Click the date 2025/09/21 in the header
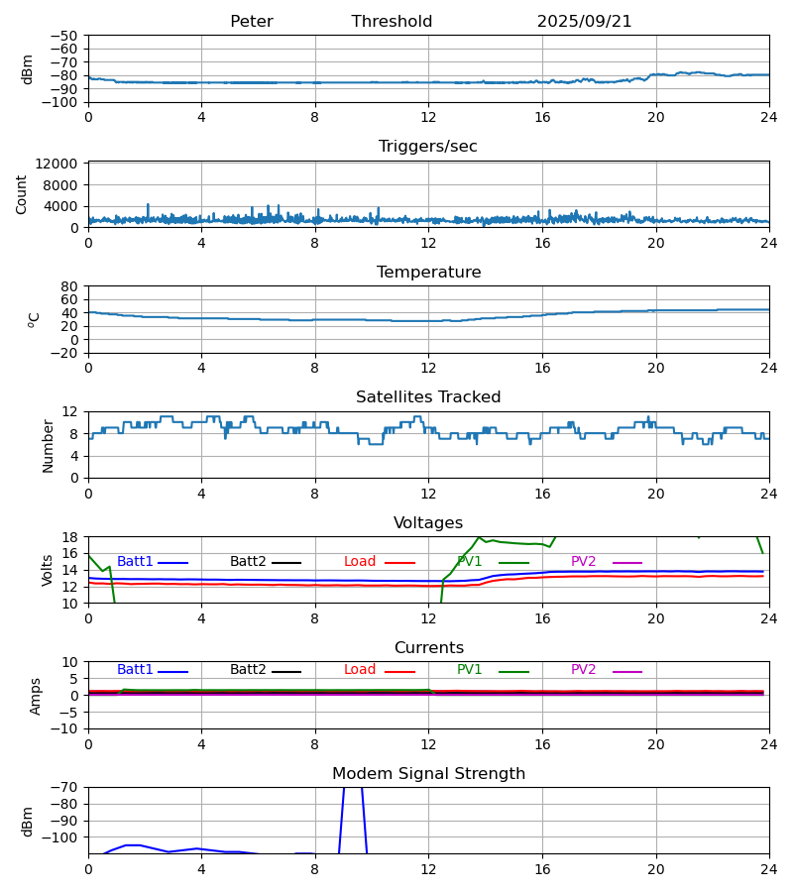click(584, 22)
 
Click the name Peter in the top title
click(251, 22)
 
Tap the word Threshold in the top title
click(392, 22)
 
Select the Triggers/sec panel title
click(428, 147)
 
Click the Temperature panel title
click(428, 273)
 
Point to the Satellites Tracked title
click(428, 397)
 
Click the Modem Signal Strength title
click(428, 774)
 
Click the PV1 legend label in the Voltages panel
click(470, 562)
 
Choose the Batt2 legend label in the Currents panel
click(248, 670)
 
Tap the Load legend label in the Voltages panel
click(360, 562)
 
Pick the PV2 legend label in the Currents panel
click(583, 670)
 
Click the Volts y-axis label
click(47, 570)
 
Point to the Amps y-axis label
click(36, 696)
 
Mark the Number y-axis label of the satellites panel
click(49, 445)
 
